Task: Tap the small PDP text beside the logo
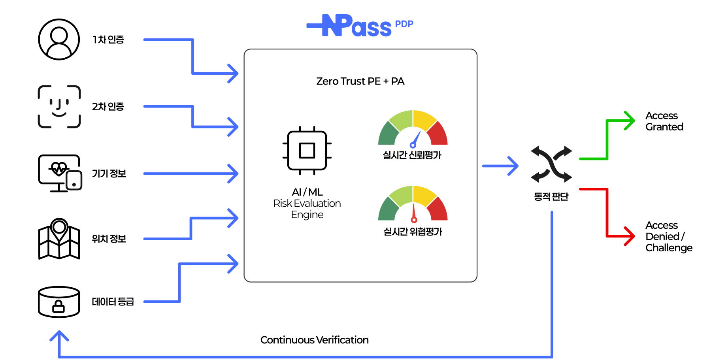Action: point(404,24)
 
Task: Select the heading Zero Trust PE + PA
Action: point(360,81)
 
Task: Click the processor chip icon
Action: point(307,151)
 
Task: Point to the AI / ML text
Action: point(307,192)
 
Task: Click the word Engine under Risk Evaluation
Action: point(307,215)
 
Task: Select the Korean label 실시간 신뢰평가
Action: point(412,155)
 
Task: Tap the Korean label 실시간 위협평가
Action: point(413,232)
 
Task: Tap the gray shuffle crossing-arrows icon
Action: point(551,164)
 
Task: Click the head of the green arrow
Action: point(629,121)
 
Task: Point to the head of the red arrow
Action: point(629,236)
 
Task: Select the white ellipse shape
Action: point(59,292)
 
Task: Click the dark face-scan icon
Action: point(59,107)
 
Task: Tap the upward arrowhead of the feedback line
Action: point(59,335)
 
